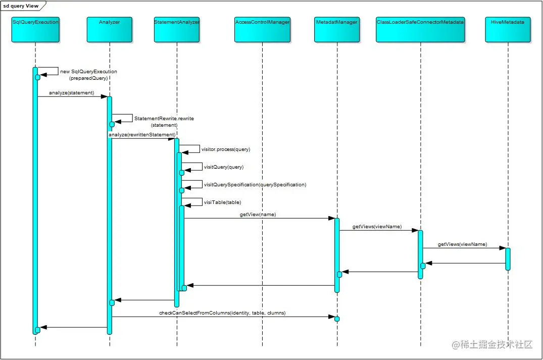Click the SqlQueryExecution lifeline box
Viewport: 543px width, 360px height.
pos(35,29)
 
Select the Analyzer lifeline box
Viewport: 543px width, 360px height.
pos(110,29)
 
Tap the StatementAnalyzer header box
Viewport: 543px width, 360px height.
pos(177,29)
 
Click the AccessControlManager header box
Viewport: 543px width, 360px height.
pos(262,29)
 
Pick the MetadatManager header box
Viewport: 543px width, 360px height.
pos(336,29)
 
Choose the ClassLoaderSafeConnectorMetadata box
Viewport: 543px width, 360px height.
pos(420,29)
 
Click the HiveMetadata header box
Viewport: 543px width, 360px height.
pos(508,29)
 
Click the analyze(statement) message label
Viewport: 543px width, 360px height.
pos(71,93)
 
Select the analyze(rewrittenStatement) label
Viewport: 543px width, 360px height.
pos(141,135)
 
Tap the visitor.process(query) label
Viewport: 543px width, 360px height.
pos(226,149)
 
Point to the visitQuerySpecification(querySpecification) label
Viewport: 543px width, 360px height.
pos(255,185)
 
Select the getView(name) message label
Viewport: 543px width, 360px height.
pos(258,215)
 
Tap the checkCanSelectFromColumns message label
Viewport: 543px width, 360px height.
pos(222,313)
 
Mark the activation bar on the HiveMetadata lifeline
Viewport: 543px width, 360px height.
pos(508,259)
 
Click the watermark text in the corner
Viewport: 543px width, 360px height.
pos(492,345)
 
